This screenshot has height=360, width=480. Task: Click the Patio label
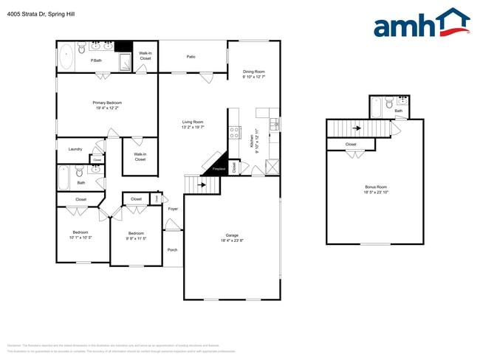click(x=191, y=56)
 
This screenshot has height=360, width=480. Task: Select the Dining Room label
click(x=253, y=72)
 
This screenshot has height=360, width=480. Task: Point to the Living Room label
click(x=193, y=122)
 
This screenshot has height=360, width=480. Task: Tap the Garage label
click(x=231, y=236)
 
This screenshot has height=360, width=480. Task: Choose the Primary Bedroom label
click(x=107, y=103)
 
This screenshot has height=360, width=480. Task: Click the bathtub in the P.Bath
click(x=66, y=56)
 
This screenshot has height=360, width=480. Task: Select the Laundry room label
click(x=75, y=149)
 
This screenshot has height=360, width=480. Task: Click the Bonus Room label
click(x=375, y=187)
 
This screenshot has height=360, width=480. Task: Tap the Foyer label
click(x=173, y=209)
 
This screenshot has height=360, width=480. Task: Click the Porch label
click(x=172, y=249)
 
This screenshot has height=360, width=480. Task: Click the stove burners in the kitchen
click(x=235, y=133)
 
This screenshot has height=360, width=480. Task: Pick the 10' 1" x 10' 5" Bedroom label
click(x=80, y=232)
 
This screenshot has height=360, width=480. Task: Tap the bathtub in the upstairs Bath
click(x=376, y=108)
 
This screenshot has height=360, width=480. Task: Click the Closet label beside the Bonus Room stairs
click(x=351, y=145)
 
